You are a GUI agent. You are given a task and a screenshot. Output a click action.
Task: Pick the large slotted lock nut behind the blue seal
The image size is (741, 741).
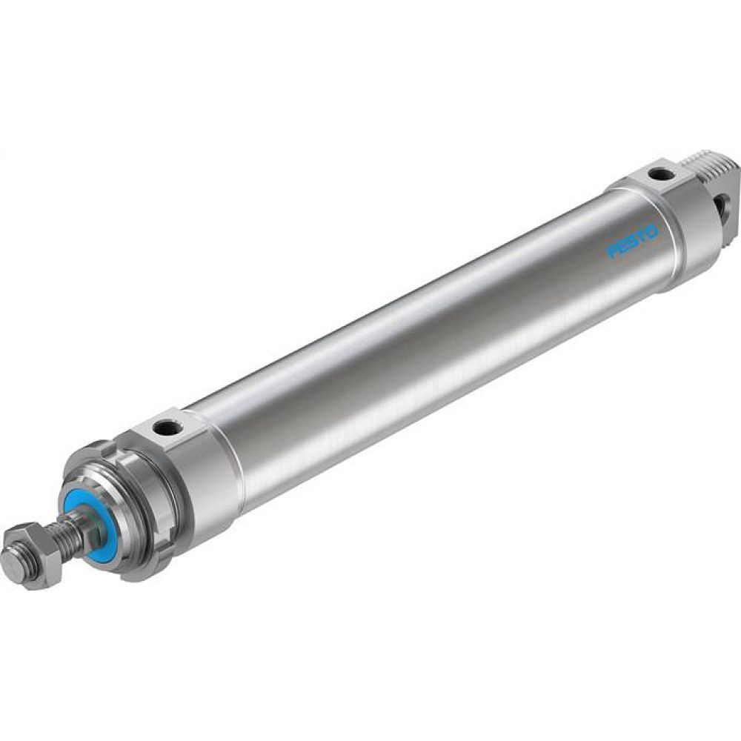(130, 511)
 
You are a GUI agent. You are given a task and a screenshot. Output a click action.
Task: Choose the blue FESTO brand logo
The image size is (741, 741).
(632, 242)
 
